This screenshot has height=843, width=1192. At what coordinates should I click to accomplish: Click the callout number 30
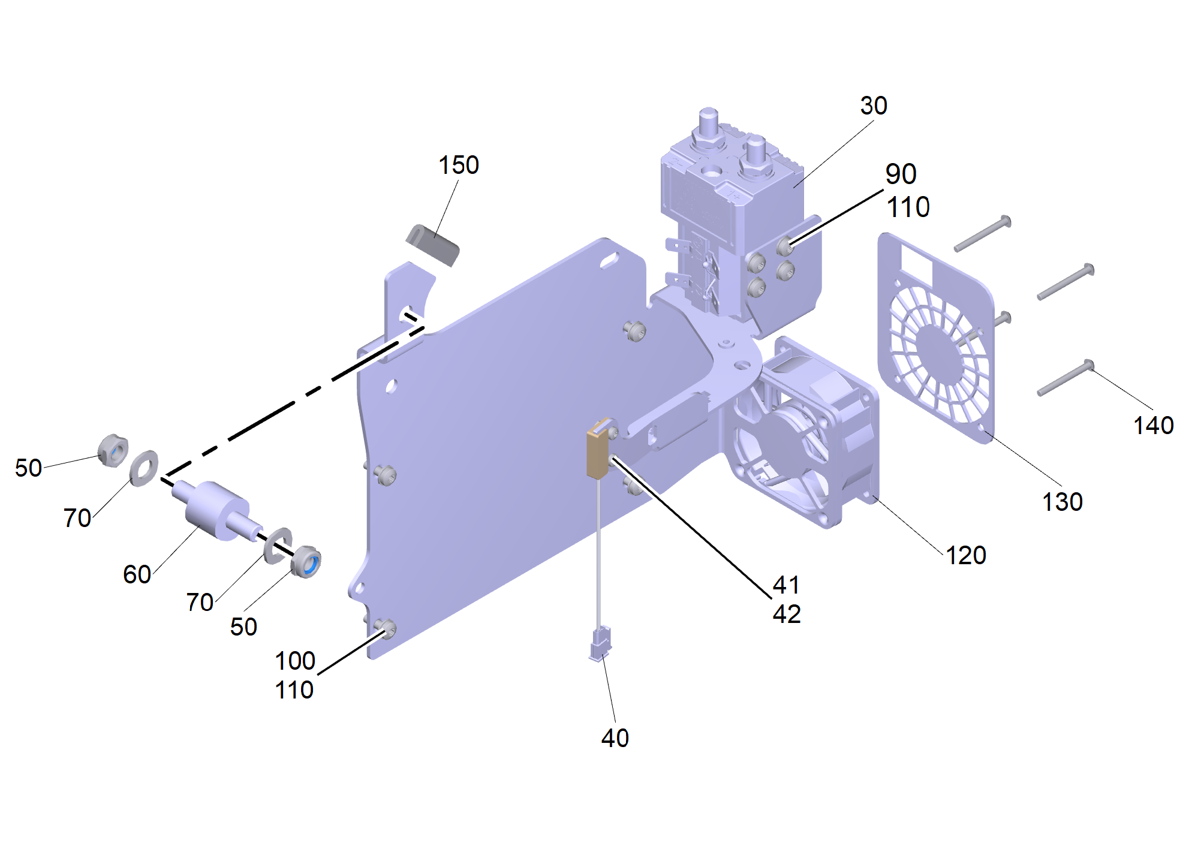(874, 106)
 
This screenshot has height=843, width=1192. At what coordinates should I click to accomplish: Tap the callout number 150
(459, 165)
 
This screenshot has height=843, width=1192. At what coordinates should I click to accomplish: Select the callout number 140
(1153, 425)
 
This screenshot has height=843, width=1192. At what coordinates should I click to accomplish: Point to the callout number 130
(1062, 502)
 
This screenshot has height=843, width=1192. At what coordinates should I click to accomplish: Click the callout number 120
(966, 555)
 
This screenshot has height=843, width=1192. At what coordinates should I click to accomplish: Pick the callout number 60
(137, 574)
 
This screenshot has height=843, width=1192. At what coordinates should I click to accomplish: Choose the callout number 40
(615, 738)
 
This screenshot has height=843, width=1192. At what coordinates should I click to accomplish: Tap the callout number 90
(901, 174)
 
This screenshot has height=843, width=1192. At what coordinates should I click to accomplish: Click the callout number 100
(295, 661)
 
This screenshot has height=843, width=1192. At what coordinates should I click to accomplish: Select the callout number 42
(787, 615)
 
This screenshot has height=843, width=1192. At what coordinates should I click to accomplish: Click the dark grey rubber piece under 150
(432, 245)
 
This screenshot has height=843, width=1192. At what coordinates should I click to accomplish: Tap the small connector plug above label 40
(600, 644)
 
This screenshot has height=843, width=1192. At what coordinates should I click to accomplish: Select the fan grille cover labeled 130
(935, 339)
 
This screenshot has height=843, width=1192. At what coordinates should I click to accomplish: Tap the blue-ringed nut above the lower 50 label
(306, 561)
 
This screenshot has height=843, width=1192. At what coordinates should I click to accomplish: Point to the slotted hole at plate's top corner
(610, 261)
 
